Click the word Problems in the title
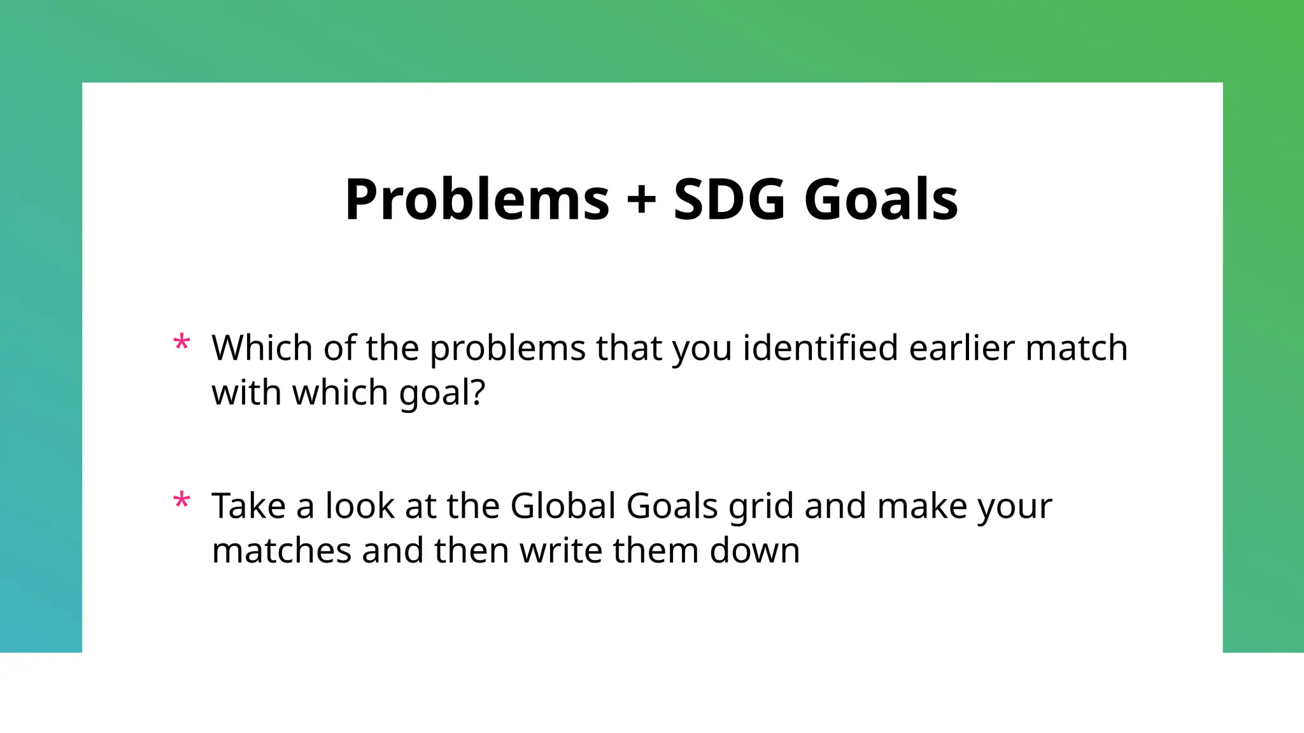tap(477, 200)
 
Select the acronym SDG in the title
tap(729, 200)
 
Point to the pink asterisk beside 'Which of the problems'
tap(181, 344)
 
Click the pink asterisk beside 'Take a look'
tap(181, 501)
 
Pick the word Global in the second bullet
tap(563, 506)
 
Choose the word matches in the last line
tap(281, 550)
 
